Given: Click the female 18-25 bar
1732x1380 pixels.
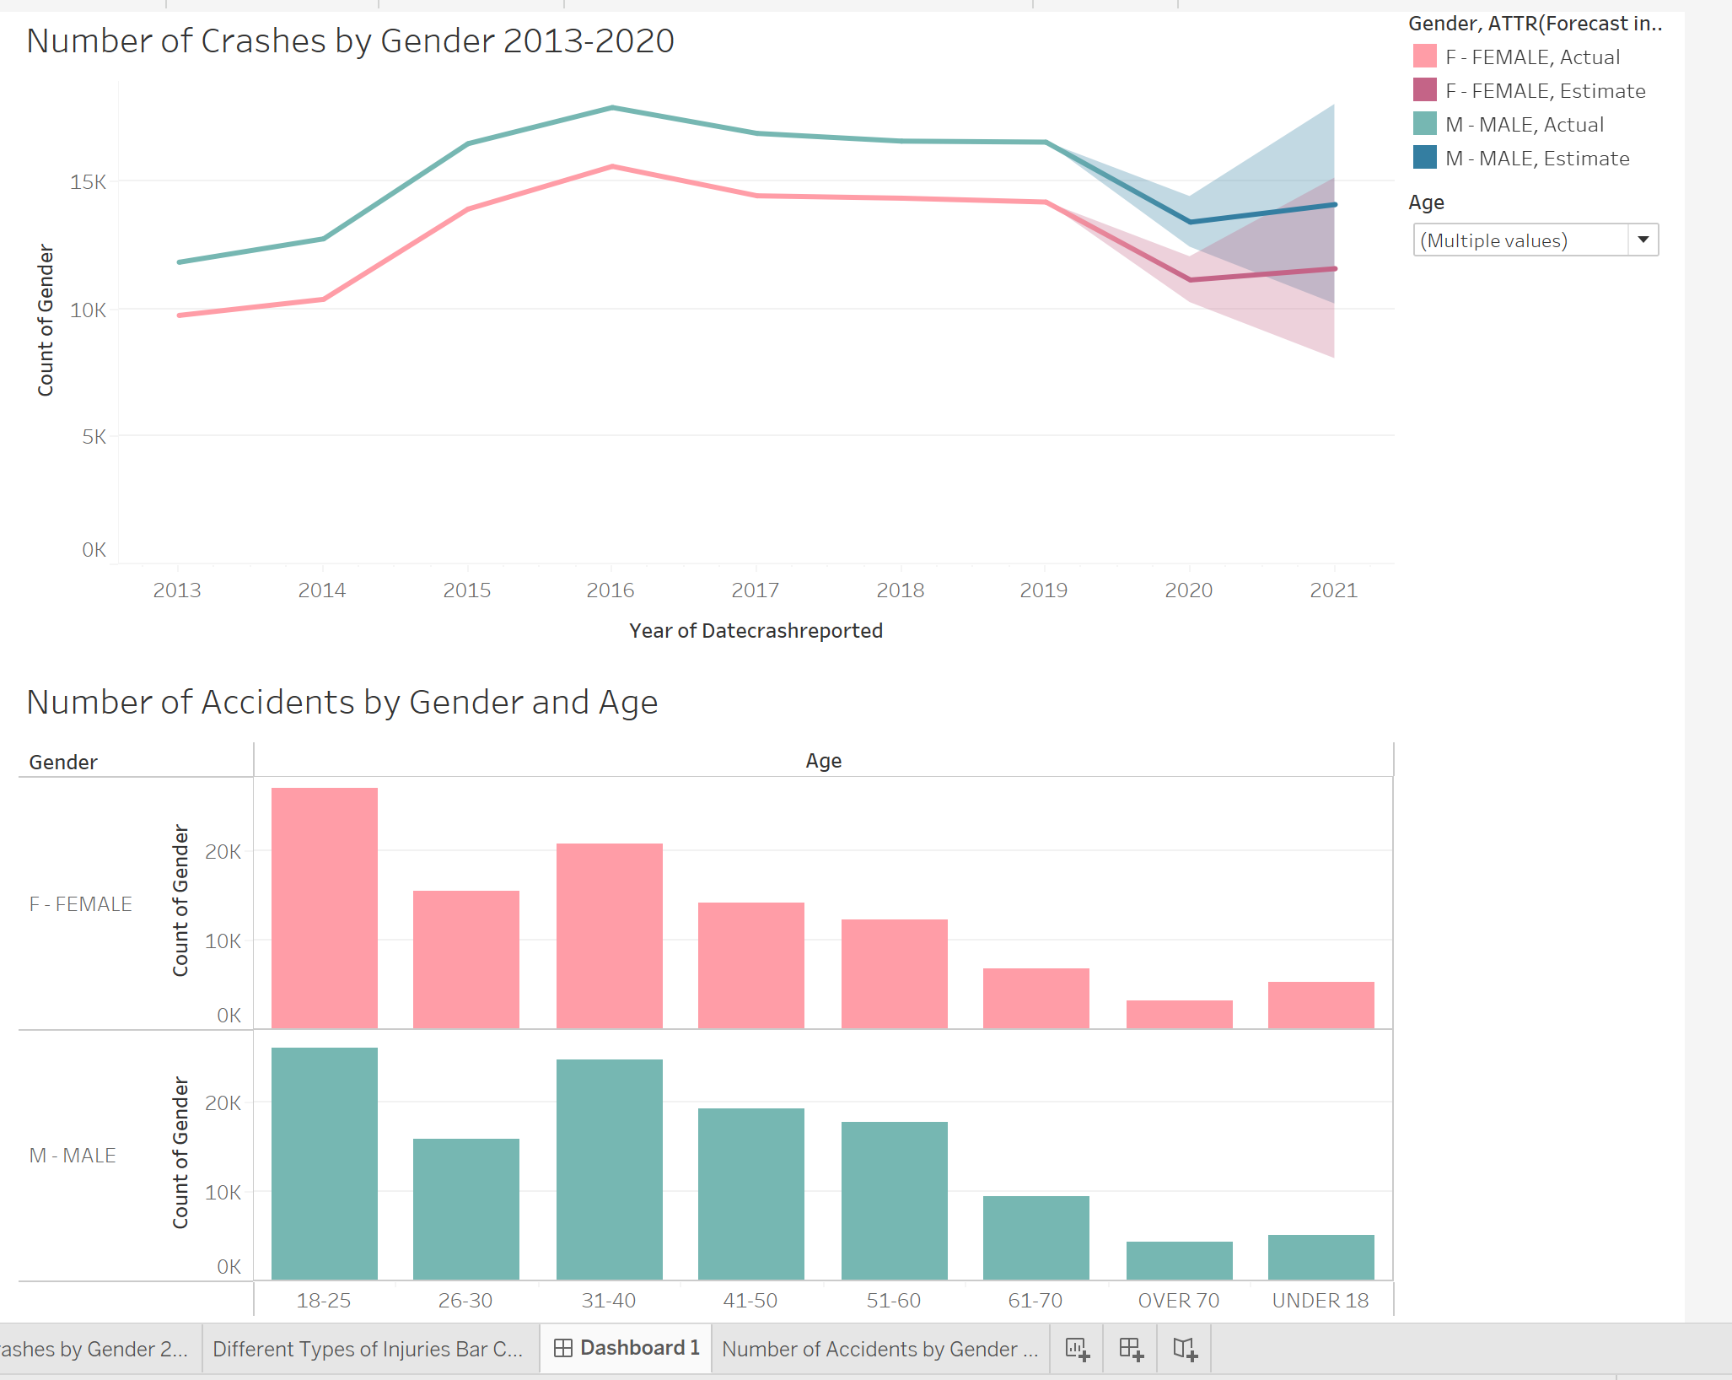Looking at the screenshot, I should pyautogui.click(x=324, y=908).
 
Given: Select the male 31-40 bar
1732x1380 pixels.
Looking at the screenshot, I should pyautogui.click(x=609, y=1169).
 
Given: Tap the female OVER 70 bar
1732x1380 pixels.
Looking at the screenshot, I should pyautogui.click(x=1179, y=1014).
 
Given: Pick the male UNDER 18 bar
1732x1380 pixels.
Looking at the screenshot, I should pyautogui.click(x=1321, y=1257).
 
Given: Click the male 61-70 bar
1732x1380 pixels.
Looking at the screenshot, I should pyautogui.click(x=1035, y=1237).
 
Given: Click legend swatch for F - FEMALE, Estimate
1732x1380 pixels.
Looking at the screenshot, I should pyautogui.click(x=1424, y=90).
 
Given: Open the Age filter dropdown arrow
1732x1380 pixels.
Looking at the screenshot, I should pyautogui.click(x=1643, y=240).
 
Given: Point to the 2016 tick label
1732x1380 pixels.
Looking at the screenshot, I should pyautogui.click(x=610, y=590).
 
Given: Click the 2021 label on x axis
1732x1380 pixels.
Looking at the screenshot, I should pyautogui.click(x=1333, y=590).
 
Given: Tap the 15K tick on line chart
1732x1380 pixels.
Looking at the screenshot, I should pyautogui.click(x=89, y=182).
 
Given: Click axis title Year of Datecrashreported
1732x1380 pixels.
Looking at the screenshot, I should pyautogui.click(x=756, y=631).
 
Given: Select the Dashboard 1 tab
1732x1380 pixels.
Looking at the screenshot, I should pyautogui.click(x=627, y=1348).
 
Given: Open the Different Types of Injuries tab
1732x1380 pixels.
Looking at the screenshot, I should pyautogui.click(x=368, y=1349).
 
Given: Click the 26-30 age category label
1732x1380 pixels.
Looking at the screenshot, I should pyautogui.click(x=465, y=1301).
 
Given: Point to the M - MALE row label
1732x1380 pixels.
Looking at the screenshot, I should pyautogui.click(x=73, y=1156).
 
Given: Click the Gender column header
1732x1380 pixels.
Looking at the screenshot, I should pyautogui.click(x=63, y=763).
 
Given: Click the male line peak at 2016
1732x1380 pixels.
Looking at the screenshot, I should pyautogui.click(x=612, y=108).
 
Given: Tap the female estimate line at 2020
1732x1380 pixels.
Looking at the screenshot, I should pyautogui.click(x=1190, y=279).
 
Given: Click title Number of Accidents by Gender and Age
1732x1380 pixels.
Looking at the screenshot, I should pyautogui.click(x=342, y=703).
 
